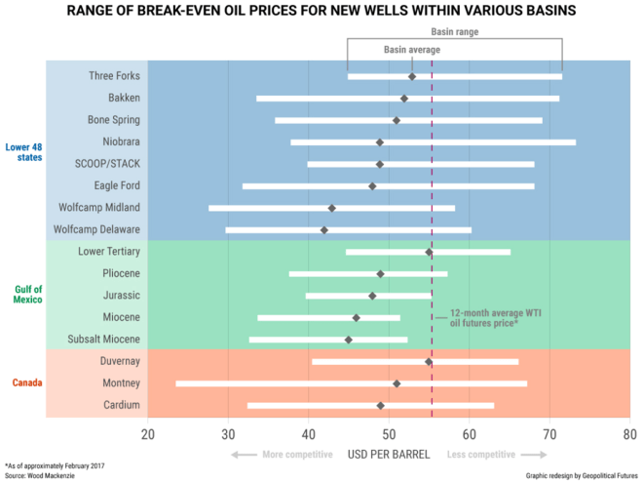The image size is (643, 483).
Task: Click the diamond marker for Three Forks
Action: [412, 76]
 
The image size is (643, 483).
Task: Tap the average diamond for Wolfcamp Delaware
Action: [324, 230]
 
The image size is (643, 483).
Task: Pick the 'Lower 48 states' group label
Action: [20, 152]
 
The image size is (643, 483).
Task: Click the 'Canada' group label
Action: [25, 382]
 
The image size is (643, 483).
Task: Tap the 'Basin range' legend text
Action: [455, 31]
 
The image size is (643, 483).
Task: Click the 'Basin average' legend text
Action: [411, 49]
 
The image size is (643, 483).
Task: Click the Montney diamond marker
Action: [397, 383]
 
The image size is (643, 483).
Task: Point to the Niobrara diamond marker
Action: [380, 142]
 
